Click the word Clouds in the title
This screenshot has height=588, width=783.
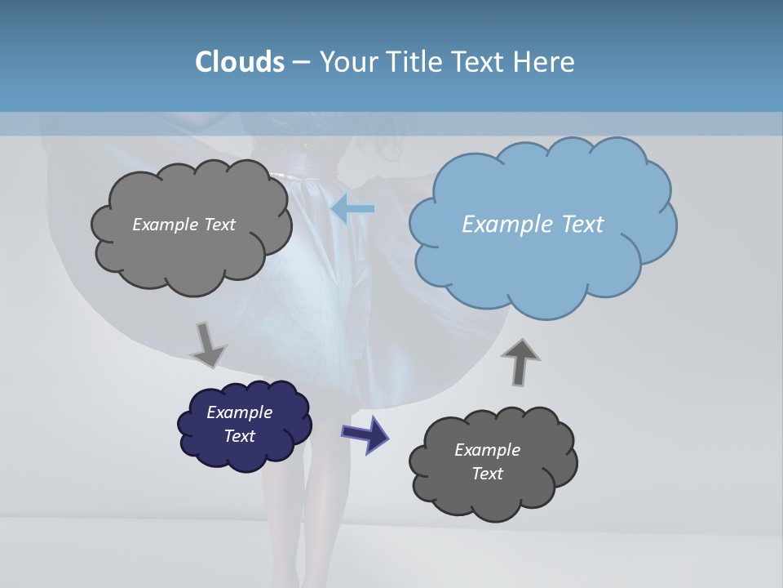[x=239, y=62]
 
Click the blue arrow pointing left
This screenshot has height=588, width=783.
[x=353, y=209]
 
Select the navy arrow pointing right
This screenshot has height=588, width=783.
[x=365, y=433]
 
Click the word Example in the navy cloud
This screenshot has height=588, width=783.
[x=239, y=412]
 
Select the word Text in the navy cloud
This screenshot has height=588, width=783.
[x=239, y=436]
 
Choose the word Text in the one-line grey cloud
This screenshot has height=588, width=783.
[x=219, y=225]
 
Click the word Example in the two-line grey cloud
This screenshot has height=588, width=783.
[x=487, y=450]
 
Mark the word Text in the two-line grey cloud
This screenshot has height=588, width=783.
[x=487, y=474]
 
